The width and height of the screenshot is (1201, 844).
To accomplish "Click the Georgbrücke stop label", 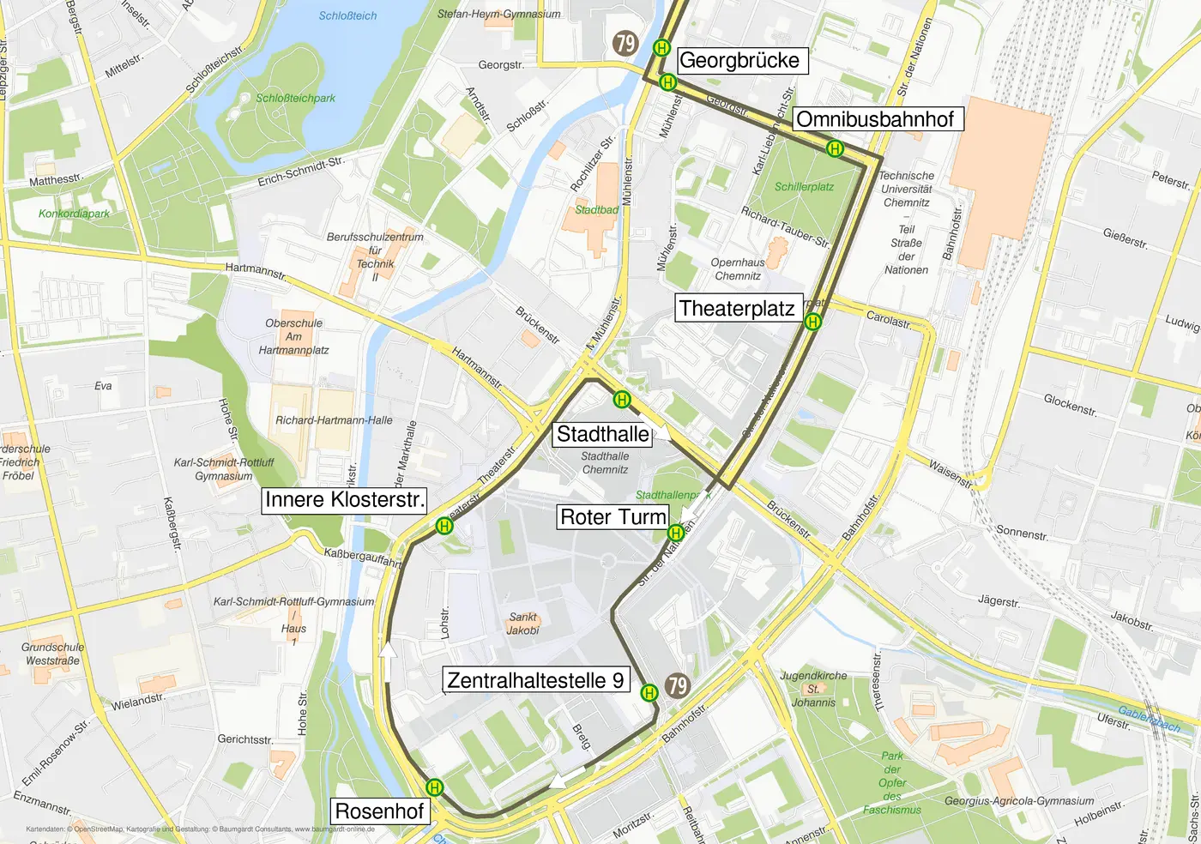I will click(x=739, y=60).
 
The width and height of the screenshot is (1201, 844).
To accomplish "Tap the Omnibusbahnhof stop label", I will click(x=875, y=119).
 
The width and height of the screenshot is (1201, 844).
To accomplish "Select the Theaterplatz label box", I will click(x=737, y=308).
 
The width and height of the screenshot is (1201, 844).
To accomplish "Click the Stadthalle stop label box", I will click(x=602, y=434).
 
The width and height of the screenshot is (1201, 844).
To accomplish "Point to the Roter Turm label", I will click(x=613, y=516).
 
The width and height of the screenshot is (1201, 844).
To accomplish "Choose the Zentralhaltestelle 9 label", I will click(x=535, y=680).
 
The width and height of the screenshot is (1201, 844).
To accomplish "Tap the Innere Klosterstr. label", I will click(x=345, y=500).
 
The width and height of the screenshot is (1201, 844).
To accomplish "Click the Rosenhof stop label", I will click(x=379, y=811).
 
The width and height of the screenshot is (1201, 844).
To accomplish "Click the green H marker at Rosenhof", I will click(x=435, y=787).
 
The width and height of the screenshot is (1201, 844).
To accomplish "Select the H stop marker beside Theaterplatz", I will click(x=813, y=322).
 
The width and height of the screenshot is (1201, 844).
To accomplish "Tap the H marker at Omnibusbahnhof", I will click(x=835, y=148).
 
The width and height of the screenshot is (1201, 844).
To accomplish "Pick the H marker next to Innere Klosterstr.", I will click(x=444, y=526).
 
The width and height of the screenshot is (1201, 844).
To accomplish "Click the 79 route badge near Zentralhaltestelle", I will click(x=678, y=684).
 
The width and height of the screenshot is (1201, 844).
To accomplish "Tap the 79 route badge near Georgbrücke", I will click(x=625, y=43).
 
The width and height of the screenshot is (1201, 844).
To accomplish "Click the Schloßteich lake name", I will click(x=347, y=15).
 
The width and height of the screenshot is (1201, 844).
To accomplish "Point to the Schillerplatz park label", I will click(x=804, y=186).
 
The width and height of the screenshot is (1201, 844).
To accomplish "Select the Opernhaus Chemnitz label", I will click(x=738, y=269).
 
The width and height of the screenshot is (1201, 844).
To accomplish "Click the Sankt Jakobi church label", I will click(x=522, y=624).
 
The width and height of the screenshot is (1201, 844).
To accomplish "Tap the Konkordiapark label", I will click(x=74, y=214).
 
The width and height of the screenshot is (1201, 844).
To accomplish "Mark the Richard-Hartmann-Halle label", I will click(x=334, y=420).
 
